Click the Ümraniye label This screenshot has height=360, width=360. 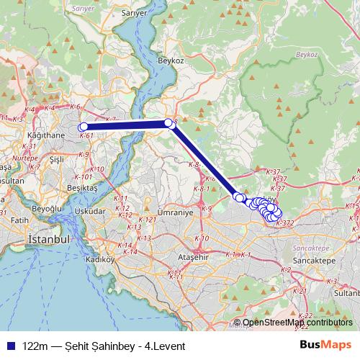(174, 213)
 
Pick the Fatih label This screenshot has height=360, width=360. (19, 220)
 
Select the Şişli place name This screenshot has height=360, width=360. (58, 159)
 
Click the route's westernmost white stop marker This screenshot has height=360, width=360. (84, 127)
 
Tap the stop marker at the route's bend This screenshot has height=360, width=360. (169, 123)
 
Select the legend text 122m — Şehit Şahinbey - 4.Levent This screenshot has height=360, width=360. (104, 346)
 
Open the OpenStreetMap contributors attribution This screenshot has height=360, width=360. (297, 323)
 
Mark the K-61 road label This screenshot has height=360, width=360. (87, 135)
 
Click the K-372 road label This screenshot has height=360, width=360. (284, 224)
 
